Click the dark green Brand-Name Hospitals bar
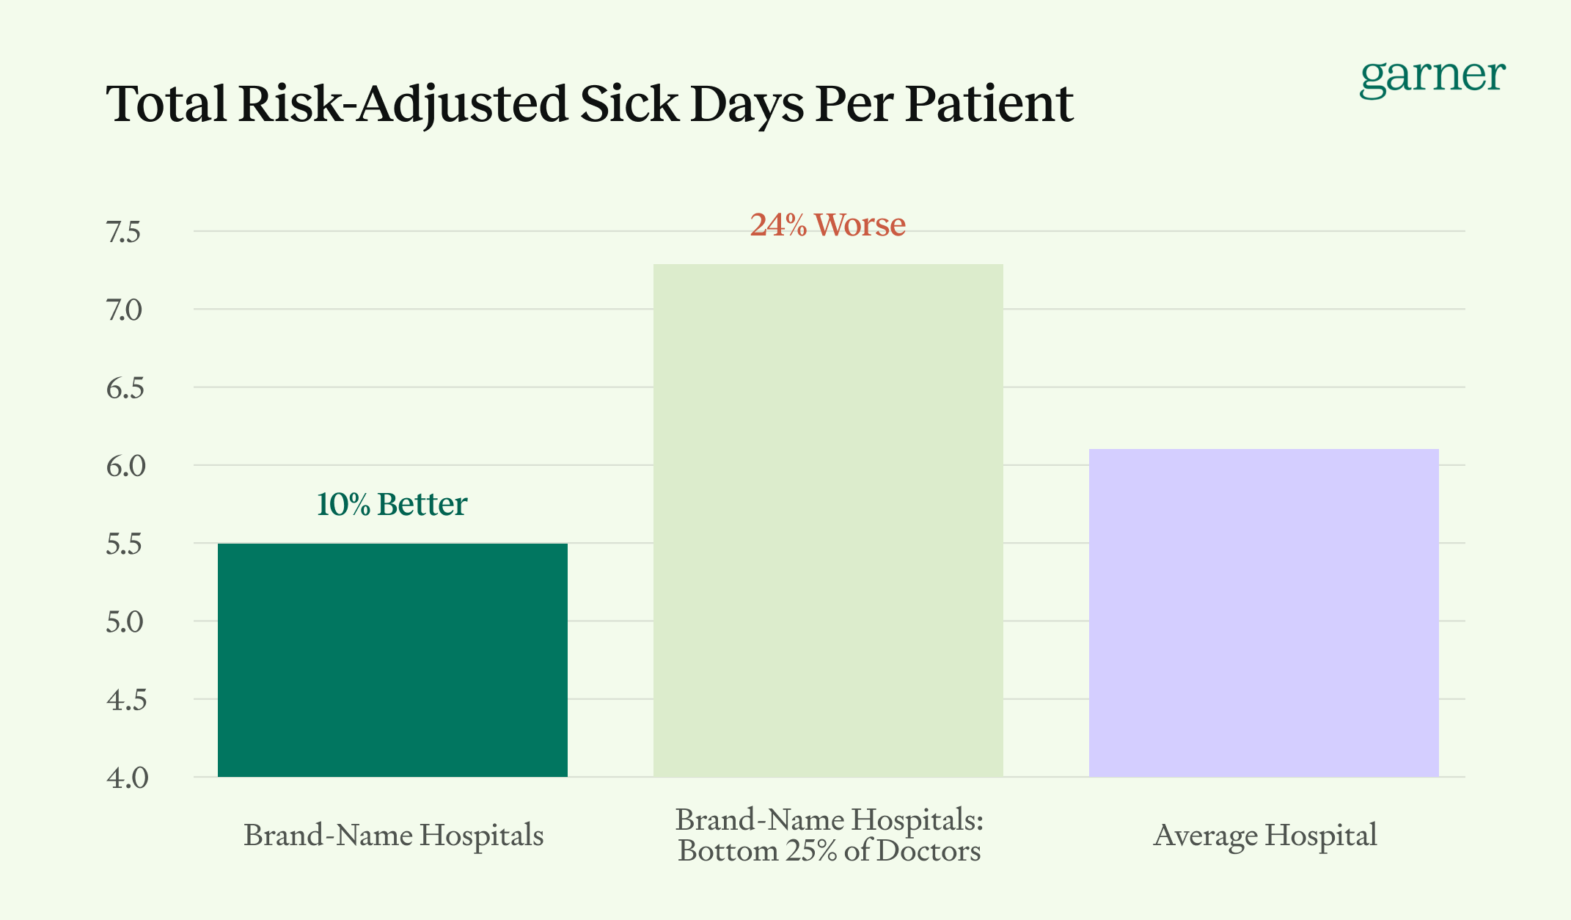tap(392, 660)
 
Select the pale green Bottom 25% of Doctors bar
tap(828, 521)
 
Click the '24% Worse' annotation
tap(827, 224)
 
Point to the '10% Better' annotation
tap(392, 505)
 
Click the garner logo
tap(1432, 77)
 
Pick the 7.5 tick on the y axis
tap(123, 233)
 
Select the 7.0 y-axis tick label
tap(123, 311)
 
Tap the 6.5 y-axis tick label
tap(125, 389)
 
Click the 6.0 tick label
tap(125, 467)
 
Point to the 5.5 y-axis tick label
tap(123, 545)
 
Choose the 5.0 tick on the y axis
tap(124, 623)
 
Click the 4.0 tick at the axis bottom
tap(127, 778)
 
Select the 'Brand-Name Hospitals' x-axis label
tap(393, 836)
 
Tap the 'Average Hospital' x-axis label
tap(1264, 836)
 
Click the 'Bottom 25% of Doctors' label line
tap(829, 851)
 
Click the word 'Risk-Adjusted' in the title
tap(403, 104)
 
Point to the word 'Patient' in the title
tap(989, 104)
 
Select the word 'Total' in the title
tap(166, 104)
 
